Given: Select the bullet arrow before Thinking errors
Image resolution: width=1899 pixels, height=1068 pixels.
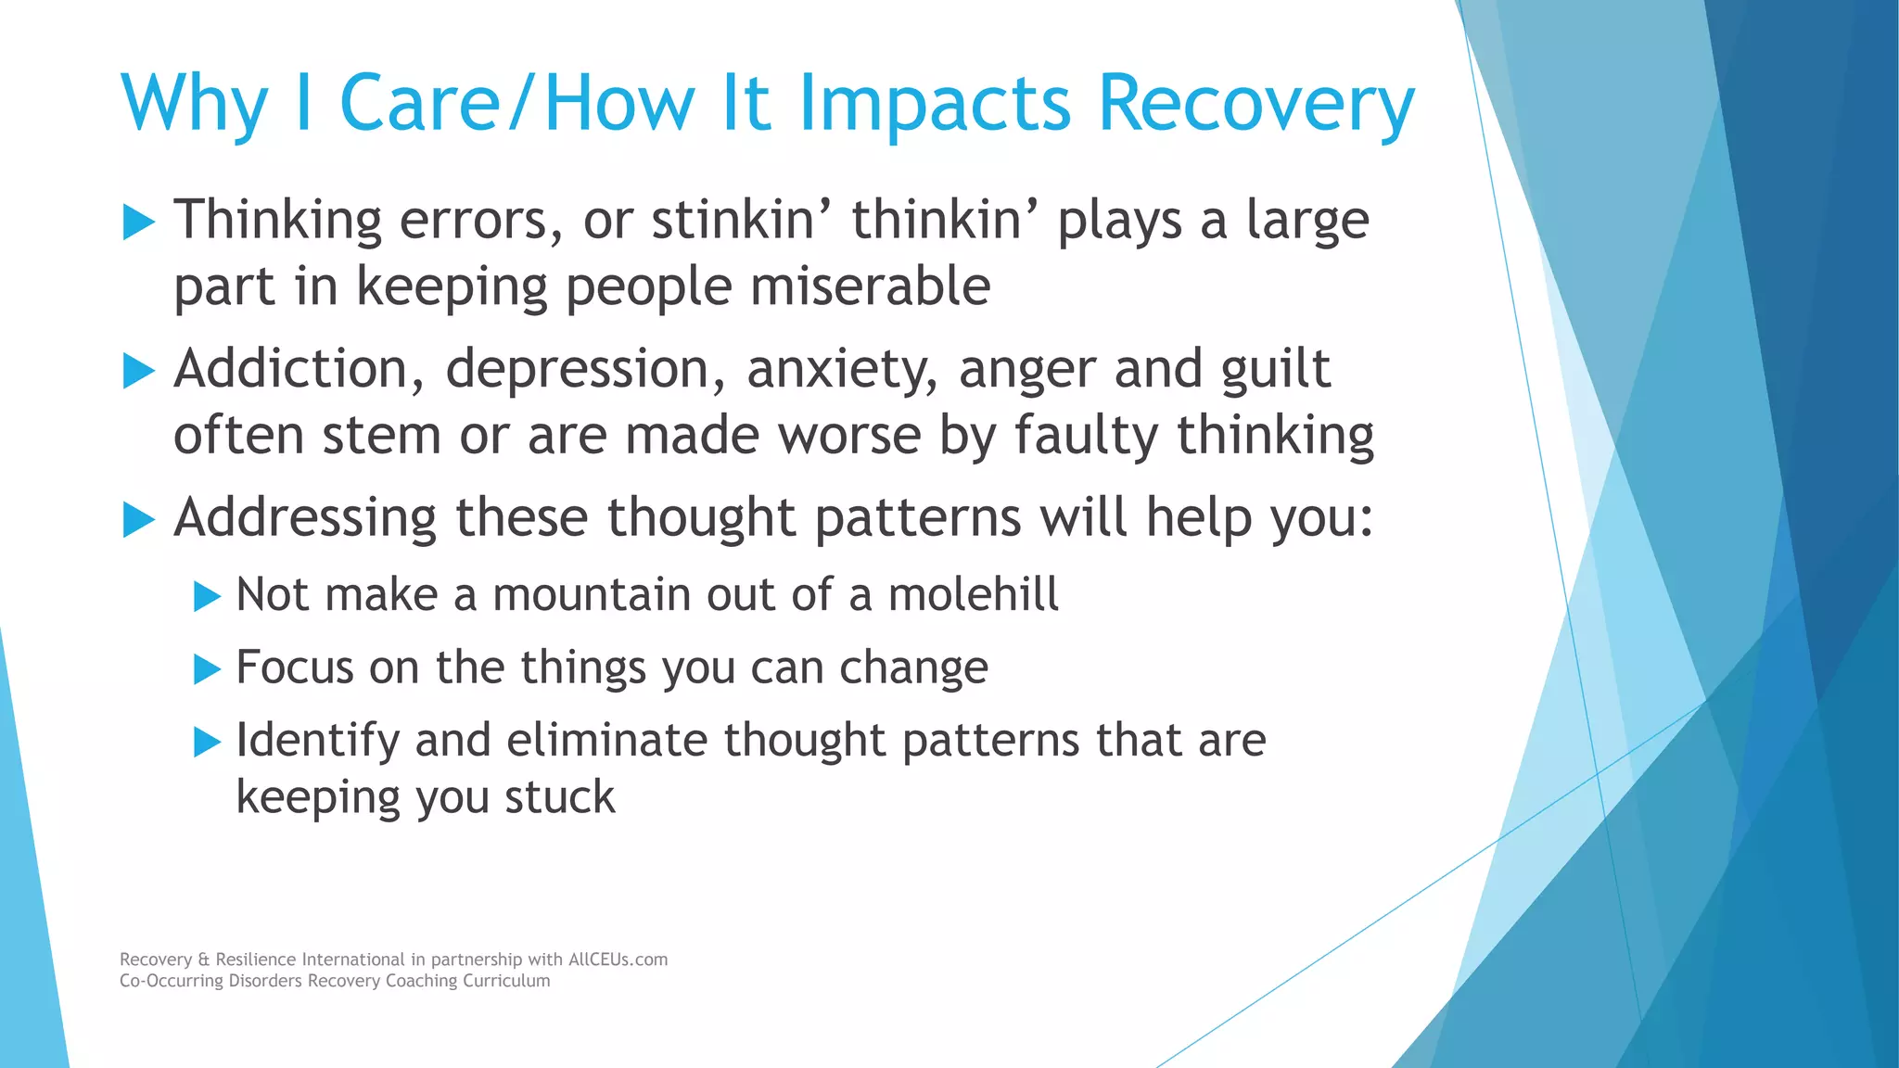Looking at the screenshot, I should point(138,222).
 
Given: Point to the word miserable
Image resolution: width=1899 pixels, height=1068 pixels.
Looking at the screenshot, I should point(870,286).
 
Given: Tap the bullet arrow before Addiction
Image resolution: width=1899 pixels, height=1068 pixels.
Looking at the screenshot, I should point(138,372).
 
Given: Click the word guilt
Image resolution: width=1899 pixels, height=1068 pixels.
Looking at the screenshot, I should point(1275,370).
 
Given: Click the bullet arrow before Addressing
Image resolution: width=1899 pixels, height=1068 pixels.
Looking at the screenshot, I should point(138,520).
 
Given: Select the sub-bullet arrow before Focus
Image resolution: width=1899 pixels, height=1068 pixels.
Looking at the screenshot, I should point(207,669).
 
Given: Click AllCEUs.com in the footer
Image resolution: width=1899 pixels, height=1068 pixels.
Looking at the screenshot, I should point(618,960).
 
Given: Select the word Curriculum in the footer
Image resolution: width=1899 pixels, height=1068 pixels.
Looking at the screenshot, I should point(506,981).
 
